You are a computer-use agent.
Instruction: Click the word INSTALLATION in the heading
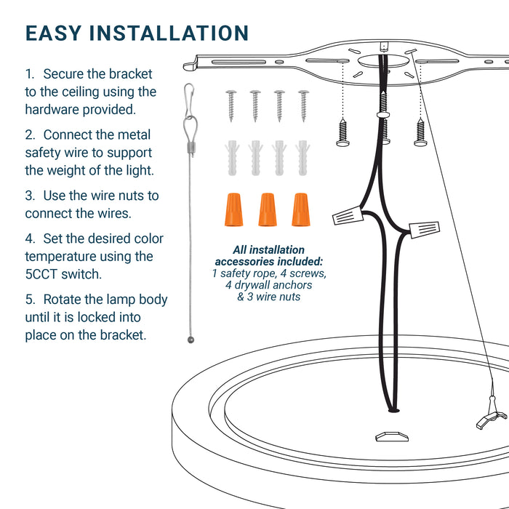coord(169,33)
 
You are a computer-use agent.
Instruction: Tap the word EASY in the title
coord(53,33)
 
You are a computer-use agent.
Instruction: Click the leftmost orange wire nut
coord(233,209)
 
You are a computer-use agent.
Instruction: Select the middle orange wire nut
coord(268,209)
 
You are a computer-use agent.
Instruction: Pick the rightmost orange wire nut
coord(300,209)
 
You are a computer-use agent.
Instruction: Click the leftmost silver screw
coord(231,106)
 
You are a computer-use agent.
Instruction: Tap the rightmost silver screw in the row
coord(304,106)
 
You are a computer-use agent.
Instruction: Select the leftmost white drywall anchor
coord(232,158)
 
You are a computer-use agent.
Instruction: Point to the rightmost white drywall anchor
coord(302,158)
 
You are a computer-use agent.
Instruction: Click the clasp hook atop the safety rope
coord(189,100)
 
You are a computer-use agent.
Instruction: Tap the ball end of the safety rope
coord(191,340)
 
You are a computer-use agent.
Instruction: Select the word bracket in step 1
coord(130,74)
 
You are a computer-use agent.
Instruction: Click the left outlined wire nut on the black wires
coord(348,215)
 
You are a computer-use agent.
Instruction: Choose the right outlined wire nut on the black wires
coord(424,230)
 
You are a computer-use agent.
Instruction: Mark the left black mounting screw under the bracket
coord(342,132)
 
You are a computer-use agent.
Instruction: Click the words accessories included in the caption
coord(269,262)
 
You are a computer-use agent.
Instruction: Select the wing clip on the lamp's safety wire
coord(492,418)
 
